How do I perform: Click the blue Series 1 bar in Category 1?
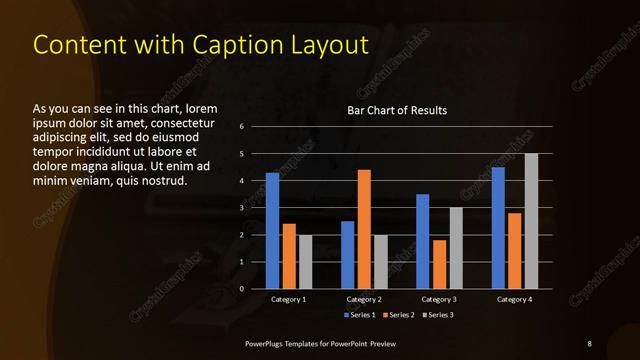point(272,231)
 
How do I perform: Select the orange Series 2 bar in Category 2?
point(364,229)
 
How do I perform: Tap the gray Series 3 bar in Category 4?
point(531,221)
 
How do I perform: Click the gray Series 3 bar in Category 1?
point(305,262)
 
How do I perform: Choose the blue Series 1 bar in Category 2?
point(348,255)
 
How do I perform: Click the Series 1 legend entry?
point(360,315)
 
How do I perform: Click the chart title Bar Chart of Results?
point(397,110)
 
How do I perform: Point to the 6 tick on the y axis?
point(242,127)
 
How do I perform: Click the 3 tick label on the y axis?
point(242,208)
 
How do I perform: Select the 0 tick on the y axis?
point(242,289)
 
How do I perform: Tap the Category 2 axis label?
point(364,299)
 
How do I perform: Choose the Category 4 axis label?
point(514,299)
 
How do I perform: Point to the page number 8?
point(589,344)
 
